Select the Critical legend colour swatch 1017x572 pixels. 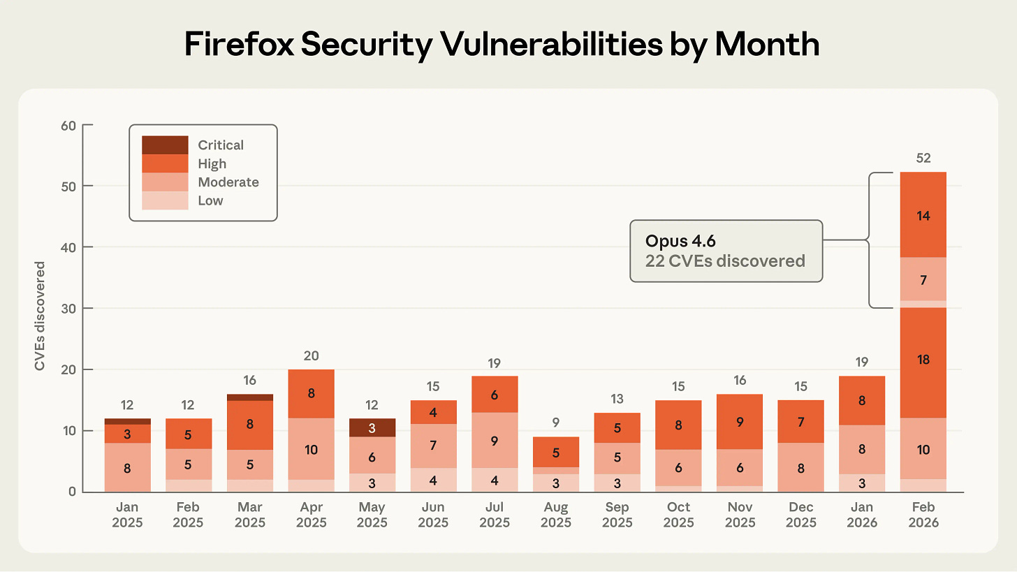[x=165, y=145]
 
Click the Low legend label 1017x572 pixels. [x=210, y=200]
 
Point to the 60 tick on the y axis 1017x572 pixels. [x=68, y=126]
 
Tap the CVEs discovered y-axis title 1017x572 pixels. [x=41, y=316]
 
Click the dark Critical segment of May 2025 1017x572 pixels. [x=372, y=428]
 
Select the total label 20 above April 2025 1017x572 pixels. [x=311, y=356]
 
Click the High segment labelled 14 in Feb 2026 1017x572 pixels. [x=923, y=215]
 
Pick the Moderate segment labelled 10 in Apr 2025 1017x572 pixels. [x=311, y=449]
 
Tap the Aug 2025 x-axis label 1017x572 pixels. [x=556, y=515]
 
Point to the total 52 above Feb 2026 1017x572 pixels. [x=923, y=159]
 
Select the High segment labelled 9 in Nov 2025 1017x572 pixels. [x=740, y=422]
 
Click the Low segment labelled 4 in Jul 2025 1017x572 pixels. [x=495, y=480]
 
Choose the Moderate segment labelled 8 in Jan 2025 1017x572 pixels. [x=127, y=467]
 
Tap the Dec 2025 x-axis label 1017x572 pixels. [x=801, y=515]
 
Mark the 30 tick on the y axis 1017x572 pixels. [x=68, y=309]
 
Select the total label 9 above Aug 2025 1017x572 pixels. [x=556, y=423]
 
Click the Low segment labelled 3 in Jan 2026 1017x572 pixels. [x=862, y=483]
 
